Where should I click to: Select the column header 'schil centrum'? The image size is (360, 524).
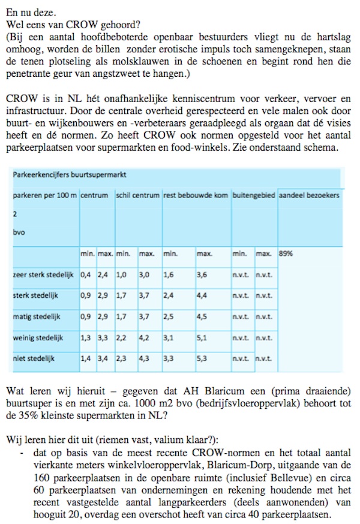(137, 196)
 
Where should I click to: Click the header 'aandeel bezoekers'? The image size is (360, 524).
(309, 196)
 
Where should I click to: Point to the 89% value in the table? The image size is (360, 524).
(286, 253)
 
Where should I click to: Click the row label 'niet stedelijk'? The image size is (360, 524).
(34, 358)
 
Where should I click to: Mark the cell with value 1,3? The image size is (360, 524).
(86, 338)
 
